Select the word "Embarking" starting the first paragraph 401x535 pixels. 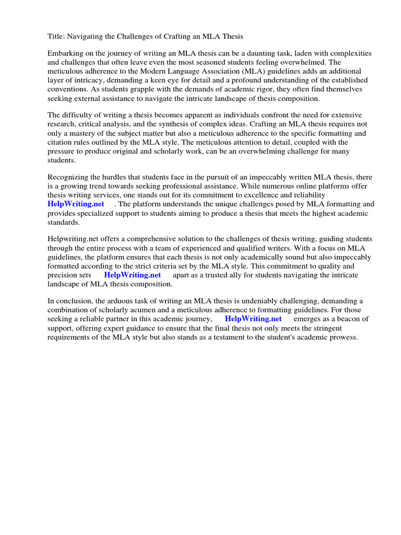coord(65,53)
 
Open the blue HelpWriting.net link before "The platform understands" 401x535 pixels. coord(76,204)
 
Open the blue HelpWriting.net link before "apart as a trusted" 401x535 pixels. coord(132,275)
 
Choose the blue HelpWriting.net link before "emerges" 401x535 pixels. coord(253,319)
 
